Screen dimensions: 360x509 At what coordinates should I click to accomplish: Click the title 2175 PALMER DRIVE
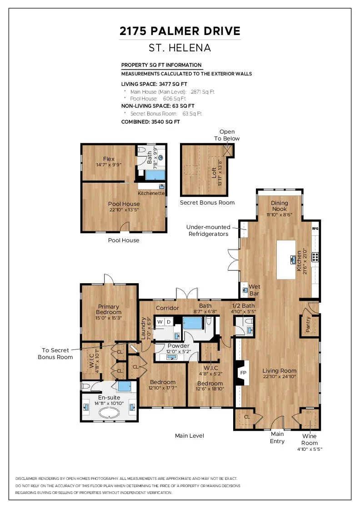tap(180, 31)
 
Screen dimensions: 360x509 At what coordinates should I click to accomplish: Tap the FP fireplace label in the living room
tap(243, 373)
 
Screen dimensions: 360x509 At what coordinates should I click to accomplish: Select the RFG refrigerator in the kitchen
tap(315, 228)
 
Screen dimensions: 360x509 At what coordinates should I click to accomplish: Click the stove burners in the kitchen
tap(315, 257)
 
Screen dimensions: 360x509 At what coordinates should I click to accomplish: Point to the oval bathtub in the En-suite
tap(109, 413)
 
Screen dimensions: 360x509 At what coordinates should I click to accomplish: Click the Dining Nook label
tap(280, 206)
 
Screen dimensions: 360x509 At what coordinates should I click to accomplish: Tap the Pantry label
tap(308, 324)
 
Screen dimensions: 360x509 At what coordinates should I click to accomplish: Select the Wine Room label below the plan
tap(310, 439)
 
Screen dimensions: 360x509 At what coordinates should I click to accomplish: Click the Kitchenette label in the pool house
tap(151, 193)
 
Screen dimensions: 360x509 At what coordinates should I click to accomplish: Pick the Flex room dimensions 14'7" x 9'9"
tap(109, 165)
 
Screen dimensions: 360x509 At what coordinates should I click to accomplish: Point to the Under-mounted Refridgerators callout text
tap(208, 230)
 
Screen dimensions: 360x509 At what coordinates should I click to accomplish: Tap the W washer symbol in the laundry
tap(160, 322)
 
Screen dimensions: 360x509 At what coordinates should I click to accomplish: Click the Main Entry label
tap(277, 438)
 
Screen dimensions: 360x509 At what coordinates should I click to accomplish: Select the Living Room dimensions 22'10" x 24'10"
tap(280, 377)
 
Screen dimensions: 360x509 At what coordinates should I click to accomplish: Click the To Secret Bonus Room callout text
tap(55, 354)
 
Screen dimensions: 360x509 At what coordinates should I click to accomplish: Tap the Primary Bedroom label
tap(109, 309)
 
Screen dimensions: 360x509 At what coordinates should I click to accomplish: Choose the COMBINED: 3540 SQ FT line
tap(150, 122)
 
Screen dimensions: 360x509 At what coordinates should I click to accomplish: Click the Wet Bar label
tap(254, 290)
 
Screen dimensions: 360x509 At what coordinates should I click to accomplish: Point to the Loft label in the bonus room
tap(214, 172)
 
